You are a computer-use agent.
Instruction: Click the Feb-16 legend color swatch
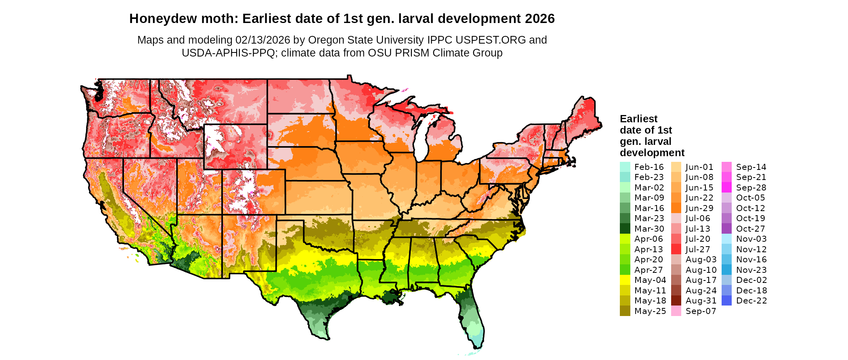tap(625, 167)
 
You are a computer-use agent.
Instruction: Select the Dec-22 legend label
tap(751, 301)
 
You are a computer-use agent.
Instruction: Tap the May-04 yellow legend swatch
tap(625, 280)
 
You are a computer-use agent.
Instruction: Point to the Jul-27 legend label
tap(698, 249)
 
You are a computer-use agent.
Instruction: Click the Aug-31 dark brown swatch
tap(676, 301)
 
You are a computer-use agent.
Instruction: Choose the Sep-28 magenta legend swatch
tap(726, 188)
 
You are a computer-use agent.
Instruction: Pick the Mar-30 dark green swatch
tap(625, 229)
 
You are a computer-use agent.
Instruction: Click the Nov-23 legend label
tap(751, 270)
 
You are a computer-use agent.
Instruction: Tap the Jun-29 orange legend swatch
tap(676, 208)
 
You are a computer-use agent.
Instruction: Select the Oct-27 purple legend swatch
tap(726, 229)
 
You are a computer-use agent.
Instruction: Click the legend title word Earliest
tap(638, 119)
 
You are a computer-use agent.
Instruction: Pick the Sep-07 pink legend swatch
tap(676, 311)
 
